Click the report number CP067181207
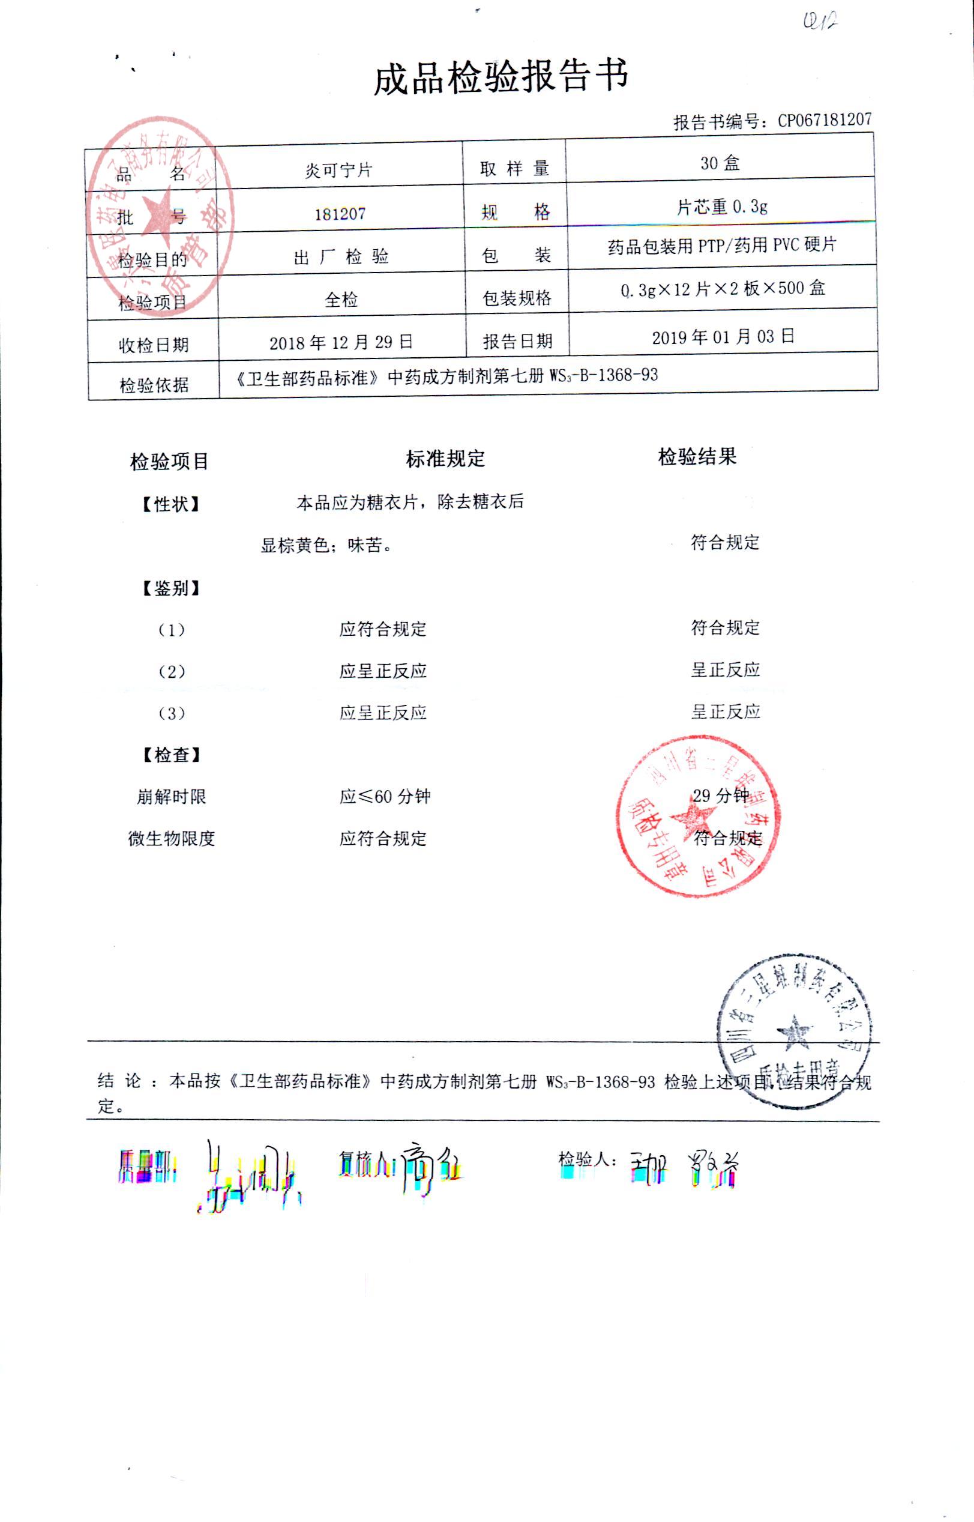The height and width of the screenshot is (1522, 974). point(823,120)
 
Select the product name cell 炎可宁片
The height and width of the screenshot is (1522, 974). point(338,169)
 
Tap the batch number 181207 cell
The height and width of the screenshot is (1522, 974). point(340,214)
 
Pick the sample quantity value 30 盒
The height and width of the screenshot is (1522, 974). point(720,163)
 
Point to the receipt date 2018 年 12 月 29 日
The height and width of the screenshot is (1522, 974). point(341,342)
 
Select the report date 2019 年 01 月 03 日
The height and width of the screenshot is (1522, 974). point(723,337)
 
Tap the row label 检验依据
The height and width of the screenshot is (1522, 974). point(154,385)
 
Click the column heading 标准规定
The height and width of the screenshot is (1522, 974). point(445,459)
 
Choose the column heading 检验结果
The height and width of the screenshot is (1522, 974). point(697,456)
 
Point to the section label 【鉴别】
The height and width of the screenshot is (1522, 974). point(171,588)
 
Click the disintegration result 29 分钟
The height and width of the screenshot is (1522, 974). point(720,795)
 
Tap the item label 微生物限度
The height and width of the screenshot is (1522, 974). point(172,838)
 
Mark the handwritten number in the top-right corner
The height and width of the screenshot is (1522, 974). point(820,22)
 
